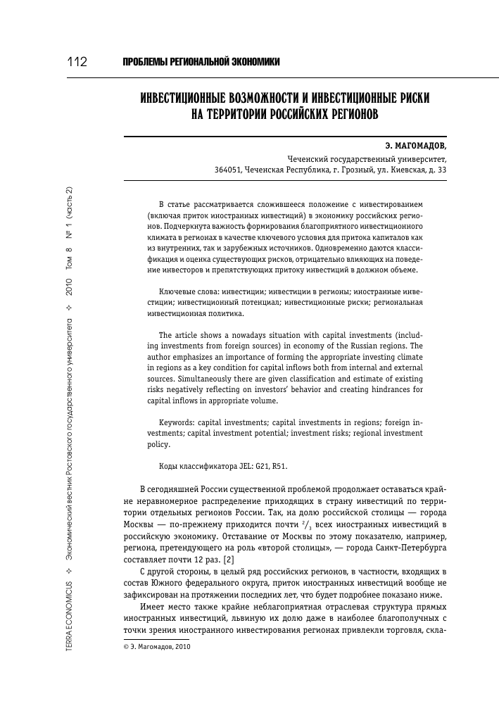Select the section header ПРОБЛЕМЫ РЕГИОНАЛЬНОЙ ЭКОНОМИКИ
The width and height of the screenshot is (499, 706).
202,63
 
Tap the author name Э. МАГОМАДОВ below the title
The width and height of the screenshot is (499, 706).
415,146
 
